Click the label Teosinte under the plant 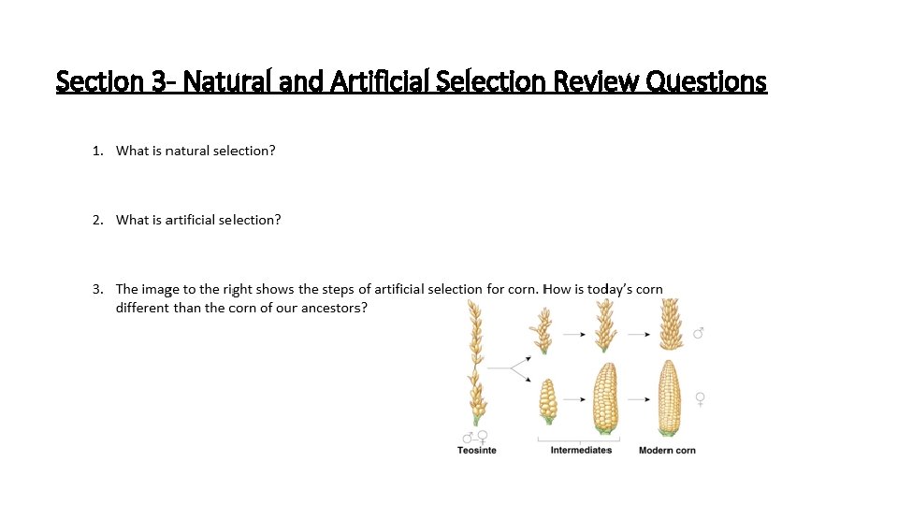(x=476, y=451)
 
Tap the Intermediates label (x=581, y=451)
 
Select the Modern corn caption (x=667, y=451)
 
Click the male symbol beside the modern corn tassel (x=698, y=333)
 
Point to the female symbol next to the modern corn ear (x=699, y=399)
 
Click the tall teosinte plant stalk (x=475, y=365)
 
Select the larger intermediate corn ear (x=605, y=398)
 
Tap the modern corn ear (x=668, y=397)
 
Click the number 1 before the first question (x=96, y=151)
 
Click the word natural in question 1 (x=186, y=151)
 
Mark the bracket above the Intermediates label (x=581, y=440)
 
